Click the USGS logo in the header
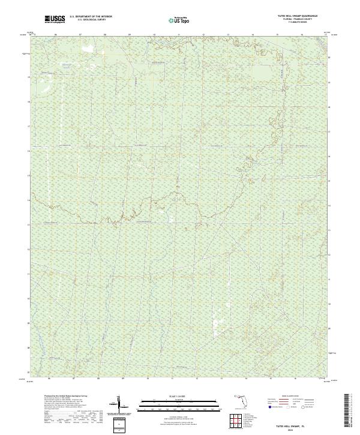55,20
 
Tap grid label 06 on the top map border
55,35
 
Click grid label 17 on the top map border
325,35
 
